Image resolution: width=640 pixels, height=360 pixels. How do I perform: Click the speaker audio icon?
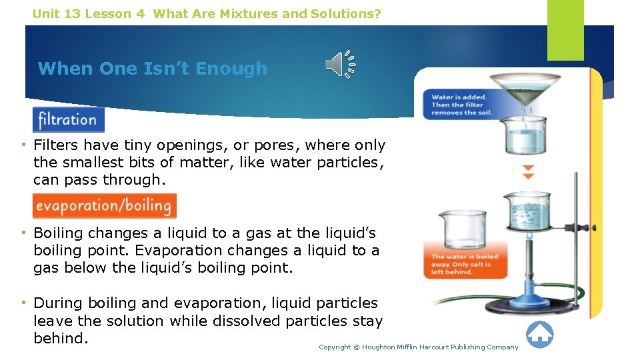[x=340, y=65]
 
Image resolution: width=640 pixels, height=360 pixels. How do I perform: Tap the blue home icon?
[x=539, y=334]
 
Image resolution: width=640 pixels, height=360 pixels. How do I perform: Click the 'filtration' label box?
[x=68, y=120]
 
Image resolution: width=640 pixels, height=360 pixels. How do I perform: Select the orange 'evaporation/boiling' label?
[x=105, y=205]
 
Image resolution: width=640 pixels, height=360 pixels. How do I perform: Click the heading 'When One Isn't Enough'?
[x=153, y=69]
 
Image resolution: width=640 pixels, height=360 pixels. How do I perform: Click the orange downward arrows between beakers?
[x=528, y=172]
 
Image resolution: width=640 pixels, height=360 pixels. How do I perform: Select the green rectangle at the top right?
[x=565, y=30]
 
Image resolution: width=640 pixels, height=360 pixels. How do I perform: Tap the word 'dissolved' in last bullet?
[x=249, y=321]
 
